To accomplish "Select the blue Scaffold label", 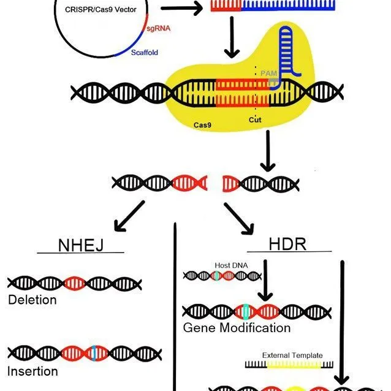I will (x=145, y=53).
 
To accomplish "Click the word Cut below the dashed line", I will (x=255, y=120).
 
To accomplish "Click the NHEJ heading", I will (x=80, y=245).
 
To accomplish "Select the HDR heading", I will (x=287, y=244).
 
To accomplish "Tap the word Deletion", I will (x=32, y=300).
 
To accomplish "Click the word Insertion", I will (x=32, y=371).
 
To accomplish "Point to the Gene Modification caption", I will (x=237, y=328).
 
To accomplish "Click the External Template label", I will (x=292, y=355).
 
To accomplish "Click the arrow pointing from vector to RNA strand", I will (x=183, y=9).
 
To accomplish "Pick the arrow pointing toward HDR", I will (x=238, y=218).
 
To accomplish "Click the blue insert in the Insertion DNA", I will (x=94, y=353).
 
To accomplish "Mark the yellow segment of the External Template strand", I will (x=293, y=365).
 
